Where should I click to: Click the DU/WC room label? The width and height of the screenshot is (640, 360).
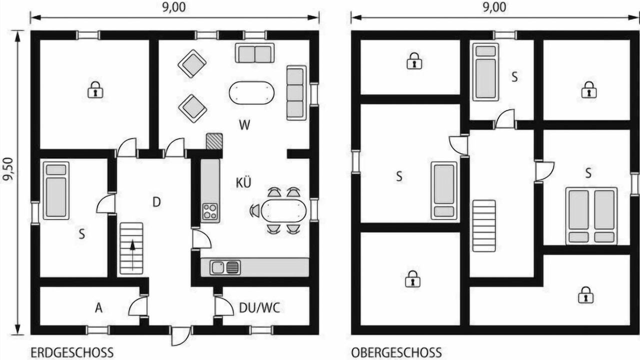pyautogui.click(x=259, y=307)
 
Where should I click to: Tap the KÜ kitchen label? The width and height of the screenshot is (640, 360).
pyautogui.click(x=243, y=182)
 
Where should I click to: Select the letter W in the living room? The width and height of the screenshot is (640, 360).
pyautogui.click(x=244, y=125)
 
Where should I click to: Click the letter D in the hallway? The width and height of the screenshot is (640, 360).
pyautogui.click(x=156, y=202)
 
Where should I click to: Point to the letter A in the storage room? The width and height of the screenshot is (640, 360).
pyautogui.click(x=98, y=308)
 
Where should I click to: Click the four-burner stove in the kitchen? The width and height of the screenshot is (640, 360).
pyautogui.click(x=210, y=211)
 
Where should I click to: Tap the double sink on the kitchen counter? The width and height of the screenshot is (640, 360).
pyautogui.click(x=225, y=267)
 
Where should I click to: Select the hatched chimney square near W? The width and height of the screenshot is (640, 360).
pyautogui.click(x=214, y=141)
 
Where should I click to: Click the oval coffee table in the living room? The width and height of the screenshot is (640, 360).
pyautogui.click(x=251, y=93)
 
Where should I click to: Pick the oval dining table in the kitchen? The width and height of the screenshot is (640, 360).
pyautogui.click(x=283, y=210)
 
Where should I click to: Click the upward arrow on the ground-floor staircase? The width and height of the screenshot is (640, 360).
pyautogui.click(x=132, y=255)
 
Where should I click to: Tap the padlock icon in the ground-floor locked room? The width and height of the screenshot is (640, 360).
pyautogui.click(x=95, y=89)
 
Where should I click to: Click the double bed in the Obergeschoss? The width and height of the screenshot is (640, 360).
pyautogui.click(x=591, y=216)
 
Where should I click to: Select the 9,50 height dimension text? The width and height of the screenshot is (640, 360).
pyautogui.click(x=8, y=169)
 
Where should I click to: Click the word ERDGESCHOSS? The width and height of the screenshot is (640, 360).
pyautogui.click(x=72, y=352)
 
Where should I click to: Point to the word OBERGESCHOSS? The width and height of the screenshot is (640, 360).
pyautogui.click(x=396, y=352)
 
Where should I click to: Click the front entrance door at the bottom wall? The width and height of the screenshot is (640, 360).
pyautogui.click(x=180, y=336)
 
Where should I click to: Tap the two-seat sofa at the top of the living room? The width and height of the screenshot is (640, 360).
pyautogui.click(x=254, y=53)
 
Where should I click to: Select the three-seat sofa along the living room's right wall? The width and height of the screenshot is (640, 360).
pyautogui.click(x=296, y=93)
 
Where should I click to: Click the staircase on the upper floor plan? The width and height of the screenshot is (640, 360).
pyautogui.click(x=484, y=225)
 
